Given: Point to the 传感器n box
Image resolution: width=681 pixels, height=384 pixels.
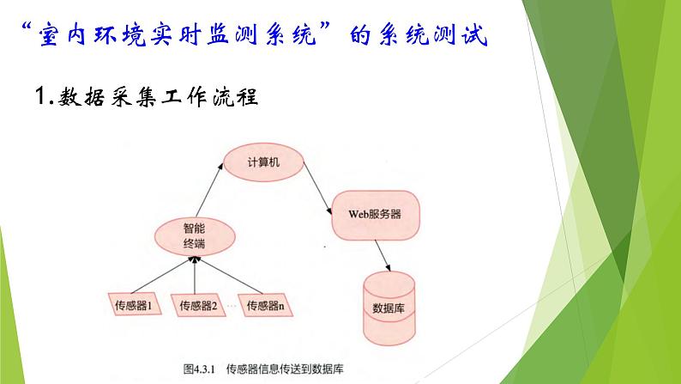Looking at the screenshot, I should [266, 304].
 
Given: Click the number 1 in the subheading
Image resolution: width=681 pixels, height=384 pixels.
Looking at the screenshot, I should [45, 97].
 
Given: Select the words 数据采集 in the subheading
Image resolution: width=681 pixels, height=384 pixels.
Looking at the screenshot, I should [102, 97].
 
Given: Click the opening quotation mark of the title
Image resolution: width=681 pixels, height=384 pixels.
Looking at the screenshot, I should [25, 31].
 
